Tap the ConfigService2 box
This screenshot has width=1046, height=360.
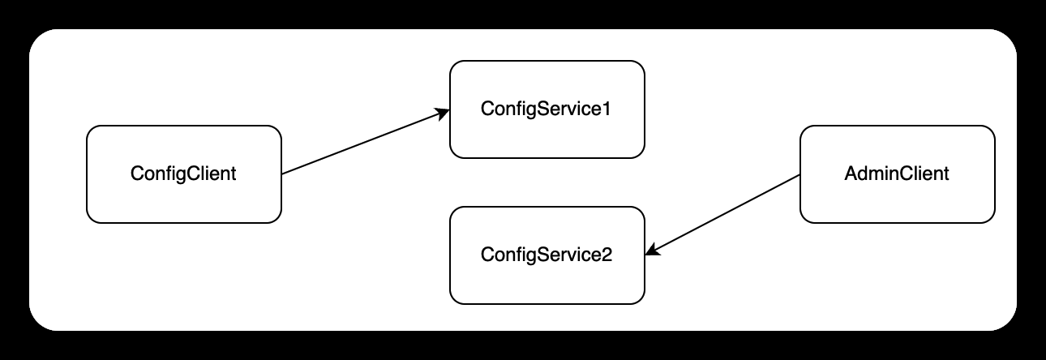click(x=547, y=280)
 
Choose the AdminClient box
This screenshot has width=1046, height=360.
click(x=898, y=199)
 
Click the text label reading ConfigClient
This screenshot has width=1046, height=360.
click(x=183, y=174)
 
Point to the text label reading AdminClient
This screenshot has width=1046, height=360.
click(x=898, y=174)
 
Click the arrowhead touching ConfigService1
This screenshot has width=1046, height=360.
click(x=444, y=113)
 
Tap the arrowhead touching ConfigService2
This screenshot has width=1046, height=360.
click(x=653, y=252)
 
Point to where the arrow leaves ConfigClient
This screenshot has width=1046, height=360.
click(x=282, y=174)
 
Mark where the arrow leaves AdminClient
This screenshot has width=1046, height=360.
click(x=800, y=174)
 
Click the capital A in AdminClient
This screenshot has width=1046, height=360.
click(x=851, y=174)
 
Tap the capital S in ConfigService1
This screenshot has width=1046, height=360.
click(x=534, y=109)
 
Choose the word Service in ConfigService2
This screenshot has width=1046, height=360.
click(x=564, y=255)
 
